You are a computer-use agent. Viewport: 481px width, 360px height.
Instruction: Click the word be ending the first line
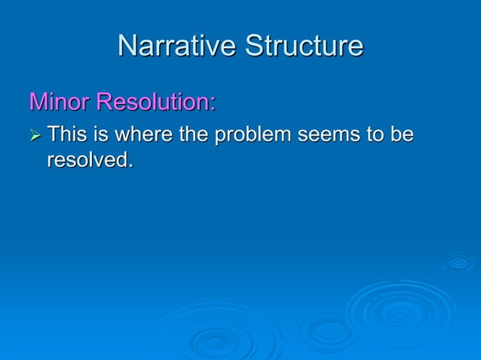pos(402,136)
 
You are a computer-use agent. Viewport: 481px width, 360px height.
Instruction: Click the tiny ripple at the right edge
pos(458,262)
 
